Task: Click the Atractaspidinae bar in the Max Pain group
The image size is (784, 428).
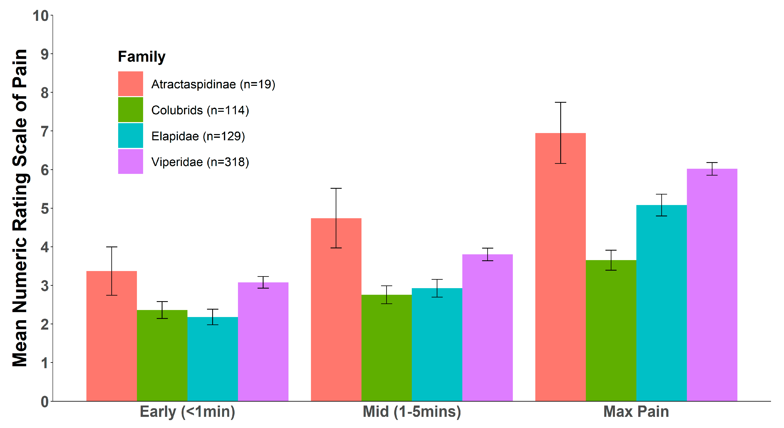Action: [560, 274]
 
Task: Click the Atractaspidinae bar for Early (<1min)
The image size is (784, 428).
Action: [111, 338]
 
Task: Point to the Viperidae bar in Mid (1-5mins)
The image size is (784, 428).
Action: [487, 329]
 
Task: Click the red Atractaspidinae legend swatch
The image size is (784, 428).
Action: [131, 84]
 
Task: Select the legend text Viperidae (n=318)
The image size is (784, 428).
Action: [200, 162]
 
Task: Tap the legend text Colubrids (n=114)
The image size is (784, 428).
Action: [200, 110]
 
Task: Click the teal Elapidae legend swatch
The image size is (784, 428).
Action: [131, 136]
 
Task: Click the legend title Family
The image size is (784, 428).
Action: [141, 57]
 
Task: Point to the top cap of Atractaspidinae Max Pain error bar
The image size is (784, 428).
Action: [560, 102]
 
